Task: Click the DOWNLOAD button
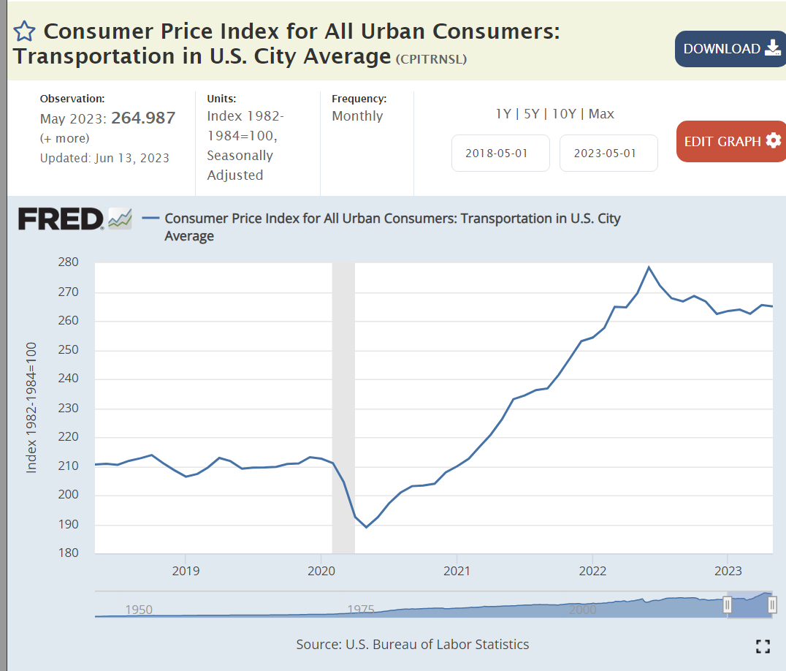730,49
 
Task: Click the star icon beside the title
24,31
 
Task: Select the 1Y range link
503,114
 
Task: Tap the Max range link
601,114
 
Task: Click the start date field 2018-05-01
500,153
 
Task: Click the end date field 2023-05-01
608,153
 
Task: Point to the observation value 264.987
143,118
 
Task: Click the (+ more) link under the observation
64,138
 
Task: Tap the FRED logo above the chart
61,219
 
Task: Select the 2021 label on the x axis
457,570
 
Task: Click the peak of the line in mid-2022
649,268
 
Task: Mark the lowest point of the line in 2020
366,527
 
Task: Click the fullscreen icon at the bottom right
763,645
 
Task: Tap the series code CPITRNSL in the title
431,59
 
